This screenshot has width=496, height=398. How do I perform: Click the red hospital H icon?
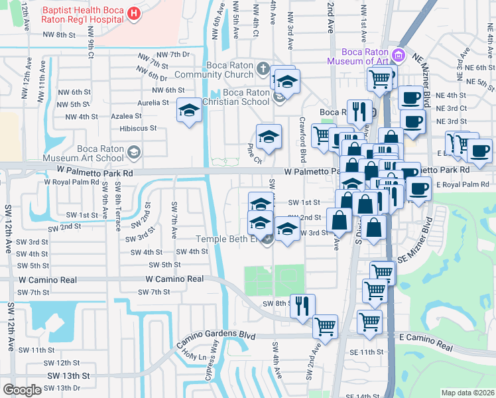pos(135,13)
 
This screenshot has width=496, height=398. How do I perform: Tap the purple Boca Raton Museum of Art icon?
pos(398,54)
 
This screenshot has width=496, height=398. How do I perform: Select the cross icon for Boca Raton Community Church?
pos(263,68)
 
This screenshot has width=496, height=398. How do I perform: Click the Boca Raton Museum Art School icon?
pos(135,153)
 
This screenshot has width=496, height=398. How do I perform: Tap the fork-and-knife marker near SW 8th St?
pos(302,306)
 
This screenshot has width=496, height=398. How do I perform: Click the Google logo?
pos(22,389)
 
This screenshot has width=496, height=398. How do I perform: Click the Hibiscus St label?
pos(138,128)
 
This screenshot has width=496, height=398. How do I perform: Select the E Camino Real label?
pos(426,342)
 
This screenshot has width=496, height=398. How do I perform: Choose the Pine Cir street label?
pos(255,154)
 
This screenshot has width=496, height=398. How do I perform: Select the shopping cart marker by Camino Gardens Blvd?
pos(325,326)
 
